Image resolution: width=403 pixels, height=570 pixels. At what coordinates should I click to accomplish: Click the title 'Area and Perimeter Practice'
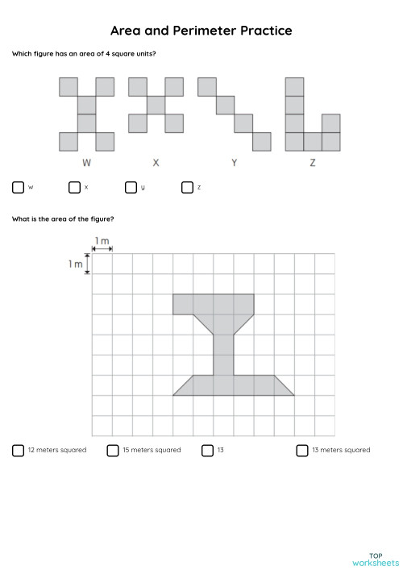coord(201,31)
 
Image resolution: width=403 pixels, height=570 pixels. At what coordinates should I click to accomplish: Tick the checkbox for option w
coord(18,187)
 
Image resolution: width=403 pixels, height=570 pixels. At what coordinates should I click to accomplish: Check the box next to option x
coord(74,187)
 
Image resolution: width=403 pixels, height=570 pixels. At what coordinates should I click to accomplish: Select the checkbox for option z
coord(187,187)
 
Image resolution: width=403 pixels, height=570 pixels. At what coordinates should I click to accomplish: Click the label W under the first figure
coord(86,163)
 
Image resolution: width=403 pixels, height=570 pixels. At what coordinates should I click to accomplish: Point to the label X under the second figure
coord(156,163)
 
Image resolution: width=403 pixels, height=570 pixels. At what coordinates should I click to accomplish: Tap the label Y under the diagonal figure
coord(234,163)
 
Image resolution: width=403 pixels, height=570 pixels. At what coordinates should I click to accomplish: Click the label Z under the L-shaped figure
coord(313,163)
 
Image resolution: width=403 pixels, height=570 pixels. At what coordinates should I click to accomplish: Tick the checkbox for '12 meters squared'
coord(18,450)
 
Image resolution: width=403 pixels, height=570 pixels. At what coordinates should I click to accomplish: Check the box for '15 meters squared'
coord(113,450)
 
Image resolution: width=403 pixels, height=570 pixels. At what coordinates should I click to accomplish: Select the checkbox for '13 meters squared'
coord(302,450)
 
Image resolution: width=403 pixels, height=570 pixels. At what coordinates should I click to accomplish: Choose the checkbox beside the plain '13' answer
coord(207,450)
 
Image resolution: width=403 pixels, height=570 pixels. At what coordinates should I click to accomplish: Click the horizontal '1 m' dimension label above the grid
coord(102,241)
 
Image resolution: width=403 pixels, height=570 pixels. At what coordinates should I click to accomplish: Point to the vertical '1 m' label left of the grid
coord(75,264)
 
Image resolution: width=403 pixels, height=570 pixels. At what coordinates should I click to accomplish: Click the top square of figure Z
coord(295,86)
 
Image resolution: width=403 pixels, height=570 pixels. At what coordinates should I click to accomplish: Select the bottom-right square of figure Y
coord(261,141)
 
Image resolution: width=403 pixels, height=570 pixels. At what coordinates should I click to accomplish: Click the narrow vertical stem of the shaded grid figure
coord(223,355)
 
